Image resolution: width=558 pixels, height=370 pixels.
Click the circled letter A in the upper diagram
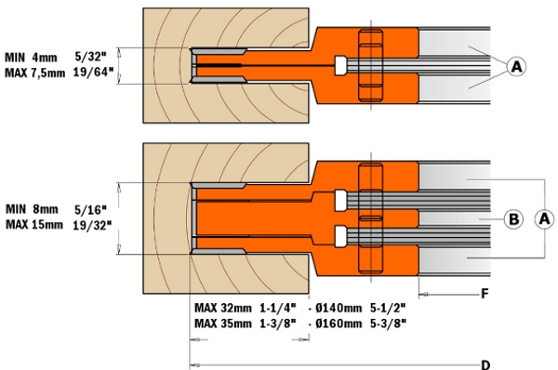(516, 67)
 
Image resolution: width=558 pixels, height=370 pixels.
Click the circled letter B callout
(513, 219)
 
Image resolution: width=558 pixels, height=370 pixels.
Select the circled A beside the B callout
(544, 218)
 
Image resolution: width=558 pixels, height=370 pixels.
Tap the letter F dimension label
(485, 294)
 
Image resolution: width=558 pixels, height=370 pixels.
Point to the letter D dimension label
(485, 364)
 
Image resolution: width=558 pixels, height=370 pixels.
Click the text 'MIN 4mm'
(31, 58)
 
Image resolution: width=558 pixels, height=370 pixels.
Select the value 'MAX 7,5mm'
(35, 73)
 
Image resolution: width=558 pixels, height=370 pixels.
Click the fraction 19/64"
(93, 73)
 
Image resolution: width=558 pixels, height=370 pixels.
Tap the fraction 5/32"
(91, 56)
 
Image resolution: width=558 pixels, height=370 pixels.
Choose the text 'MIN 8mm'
(32, 209)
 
